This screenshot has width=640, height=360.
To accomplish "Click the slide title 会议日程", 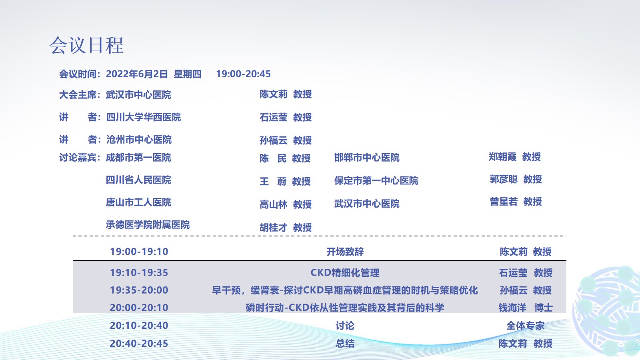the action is (x=86, y=46).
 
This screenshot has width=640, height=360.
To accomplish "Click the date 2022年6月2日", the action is (x=136, y=74).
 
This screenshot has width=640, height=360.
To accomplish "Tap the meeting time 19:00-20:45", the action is (x=243, y=74).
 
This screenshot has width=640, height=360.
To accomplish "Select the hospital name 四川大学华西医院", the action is (x=144, y=117).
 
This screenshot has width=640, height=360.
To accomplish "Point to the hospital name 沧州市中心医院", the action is (x=139, y=140).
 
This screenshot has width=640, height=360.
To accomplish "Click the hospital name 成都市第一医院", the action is (x=138, y=158).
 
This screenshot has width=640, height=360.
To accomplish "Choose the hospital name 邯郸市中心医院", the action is (x=367, y=158).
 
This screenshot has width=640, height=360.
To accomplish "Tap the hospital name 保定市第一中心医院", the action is (x=376, y=180).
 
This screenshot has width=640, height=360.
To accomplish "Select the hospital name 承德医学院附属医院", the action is (x=148, y=225).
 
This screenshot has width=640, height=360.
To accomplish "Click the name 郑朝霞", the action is (x=502, y=156).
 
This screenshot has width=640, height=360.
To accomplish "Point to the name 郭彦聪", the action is (x=504, y=179).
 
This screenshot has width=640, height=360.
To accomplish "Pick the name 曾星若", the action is (x=504, y=202).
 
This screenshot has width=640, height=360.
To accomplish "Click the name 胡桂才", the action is (x=274, y=228).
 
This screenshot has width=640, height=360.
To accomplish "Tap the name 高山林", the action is (x=274, y=204).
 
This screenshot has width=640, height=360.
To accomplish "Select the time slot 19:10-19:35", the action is (x=139, y=272).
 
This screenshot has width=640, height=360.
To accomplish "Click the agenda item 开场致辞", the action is (x=345, y=252).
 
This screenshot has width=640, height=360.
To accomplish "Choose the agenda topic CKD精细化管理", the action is (x=345, y=272).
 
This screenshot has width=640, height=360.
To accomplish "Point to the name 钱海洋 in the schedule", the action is (x=512, y=308).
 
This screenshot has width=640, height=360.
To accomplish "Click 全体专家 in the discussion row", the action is (x=526, y=326).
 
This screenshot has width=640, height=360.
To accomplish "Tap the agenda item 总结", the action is (x=345, y=344).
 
